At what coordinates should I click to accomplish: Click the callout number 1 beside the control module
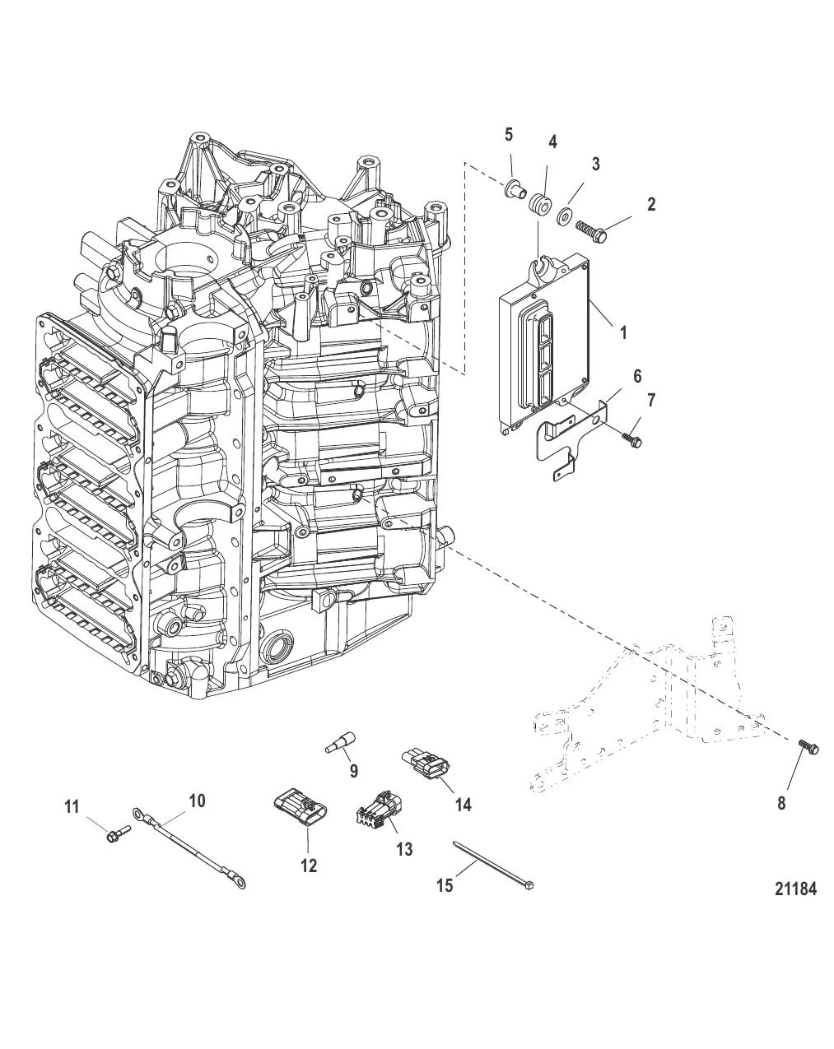click(622, 333)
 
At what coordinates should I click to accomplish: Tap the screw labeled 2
click(592, 231)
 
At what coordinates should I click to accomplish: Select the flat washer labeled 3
click(566, 215)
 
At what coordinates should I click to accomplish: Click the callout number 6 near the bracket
click(637, 376)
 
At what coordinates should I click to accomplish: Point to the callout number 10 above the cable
click(197, 801)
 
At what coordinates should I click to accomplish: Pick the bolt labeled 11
click(118, 834)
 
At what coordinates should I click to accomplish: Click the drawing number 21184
click(795, 889)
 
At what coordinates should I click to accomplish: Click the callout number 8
click(781, 803)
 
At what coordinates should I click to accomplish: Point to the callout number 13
click(404, 849)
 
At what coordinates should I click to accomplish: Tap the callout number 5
click(509, 135)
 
